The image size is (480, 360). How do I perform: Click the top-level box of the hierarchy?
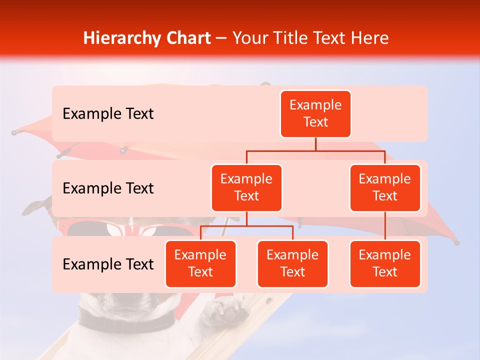pos(315,113)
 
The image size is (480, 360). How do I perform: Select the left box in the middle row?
pos(246,187)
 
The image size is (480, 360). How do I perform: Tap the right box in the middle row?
pos(385,187)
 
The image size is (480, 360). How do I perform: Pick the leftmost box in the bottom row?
pos(200,263)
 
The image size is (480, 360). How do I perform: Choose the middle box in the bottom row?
pos(292,263)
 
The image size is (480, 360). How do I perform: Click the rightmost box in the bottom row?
pos(385,263)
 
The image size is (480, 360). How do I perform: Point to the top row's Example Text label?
pos(108,113)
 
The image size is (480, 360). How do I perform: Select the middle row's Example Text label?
pos(108,188)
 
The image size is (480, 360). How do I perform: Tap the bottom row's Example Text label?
pos(108,264)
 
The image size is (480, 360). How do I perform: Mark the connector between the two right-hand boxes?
pos(385,226)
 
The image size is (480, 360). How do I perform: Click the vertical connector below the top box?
pos(315,144)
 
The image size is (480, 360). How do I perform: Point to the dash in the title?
pos(221,38)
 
